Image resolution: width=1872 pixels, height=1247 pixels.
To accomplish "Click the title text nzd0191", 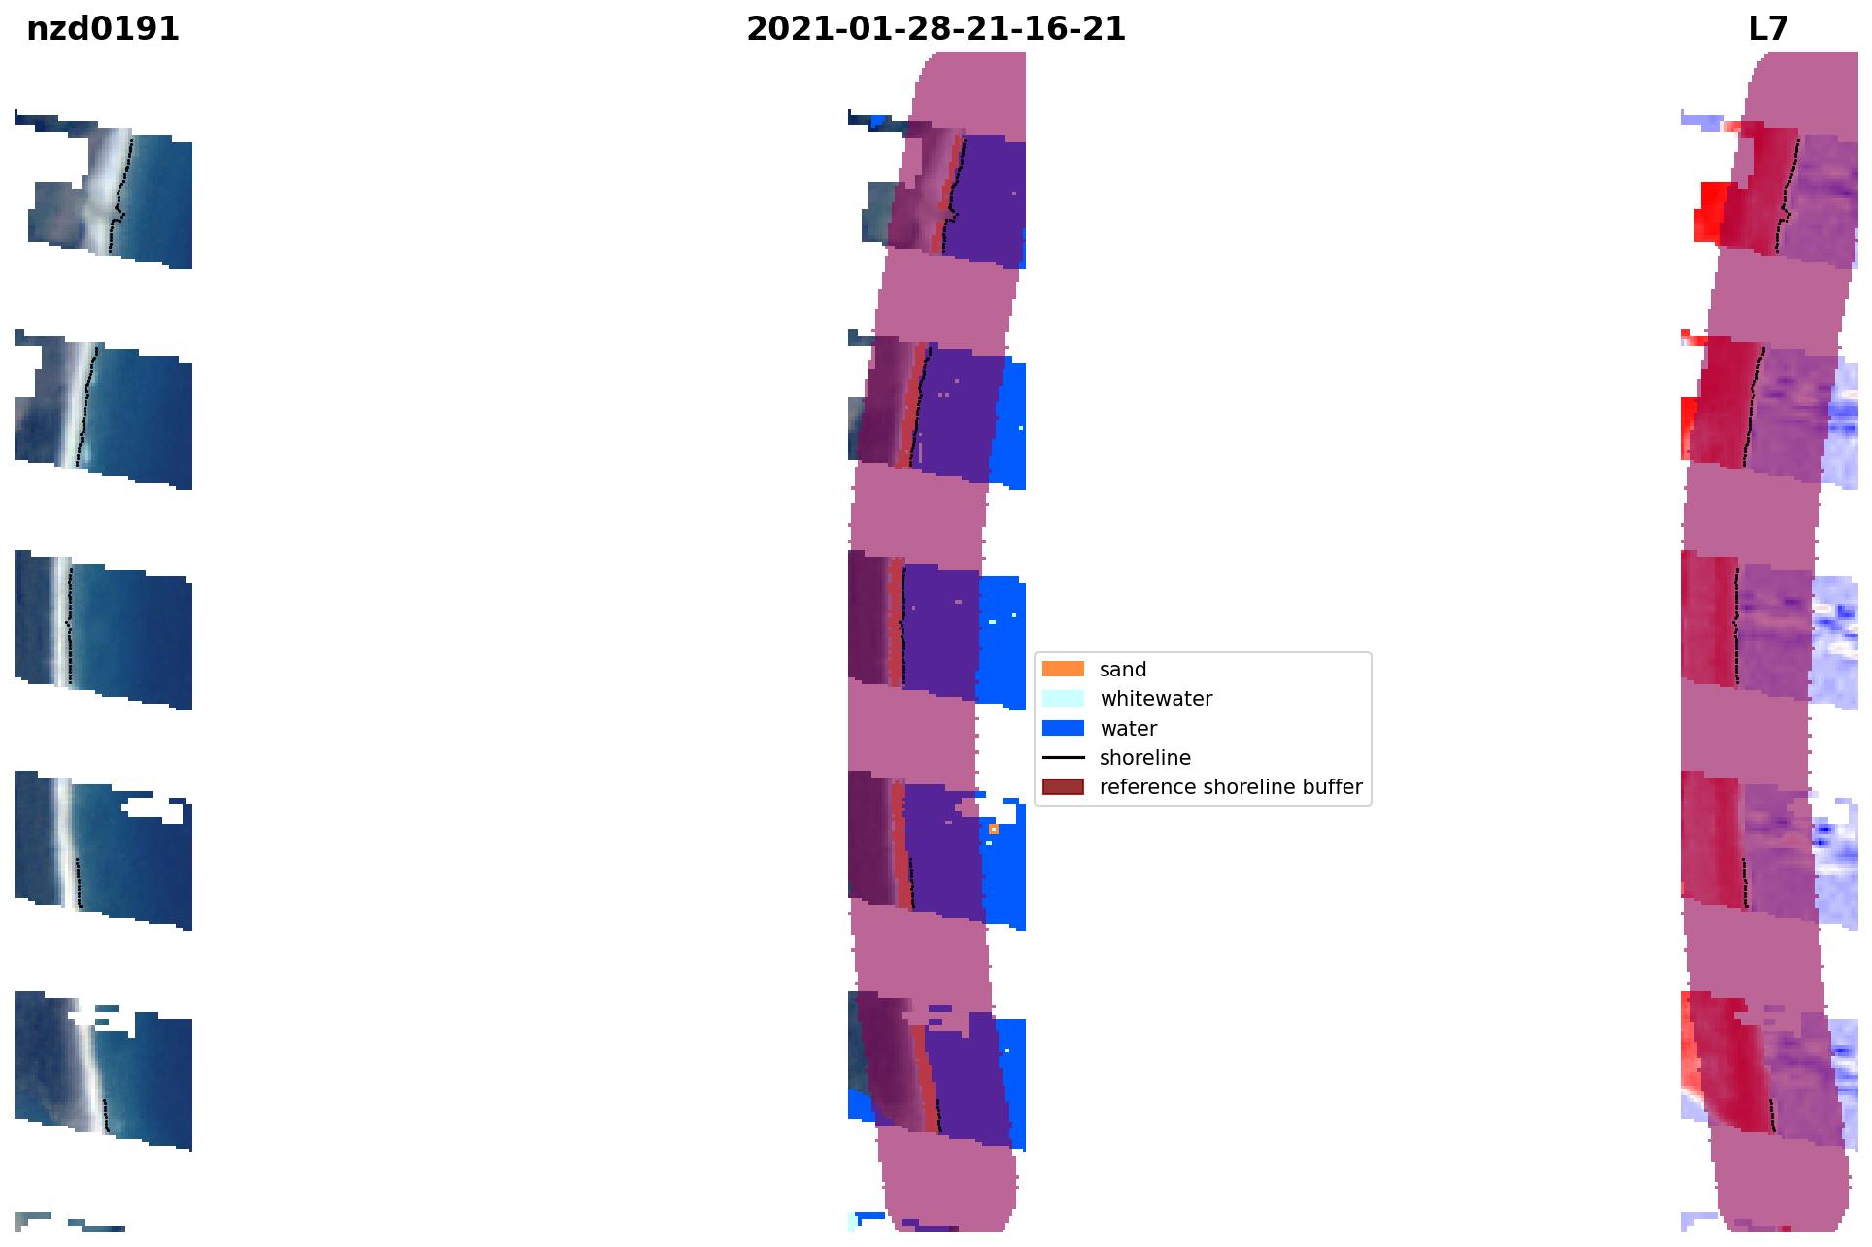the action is pyautogui.click(x=103, y=29).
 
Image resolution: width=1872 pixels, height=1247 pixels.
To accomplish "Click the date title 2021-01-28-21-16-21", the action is pyautogui.click(x=936, y=29).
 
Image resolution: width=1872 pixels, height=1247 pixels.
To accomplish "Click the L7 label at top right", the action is pyautogui.click(x=1767, y=29).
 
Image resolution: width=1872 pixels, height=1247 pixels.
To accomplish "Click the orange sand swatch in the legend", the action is pyautogui.click(x=1063, y=670).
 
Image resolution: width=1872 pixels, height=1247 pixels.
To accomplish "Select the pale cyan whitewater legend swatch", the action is pyautogui.click(x=1063, y=699).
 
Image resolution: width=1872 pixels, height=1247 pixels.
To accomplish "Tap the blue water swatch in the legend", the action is pyautogui.click(x=1063, y=728).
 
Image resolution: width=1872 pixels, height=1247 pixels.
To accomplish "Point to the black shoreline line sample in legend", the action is pyautogui.click(x=1063, y=758).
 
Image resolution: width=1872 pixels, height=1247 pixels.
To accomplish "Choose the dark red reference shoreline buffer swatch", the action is pyautogui.click(x=1063, y=787).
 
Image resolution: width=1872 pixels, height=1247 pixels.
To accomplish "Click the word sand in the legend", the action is pyautogui.click(x=1123, y=670).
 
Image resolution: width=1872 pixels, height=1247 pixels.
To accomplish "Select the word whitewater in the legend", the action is pyautogui.click(x=1156, y=699).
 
